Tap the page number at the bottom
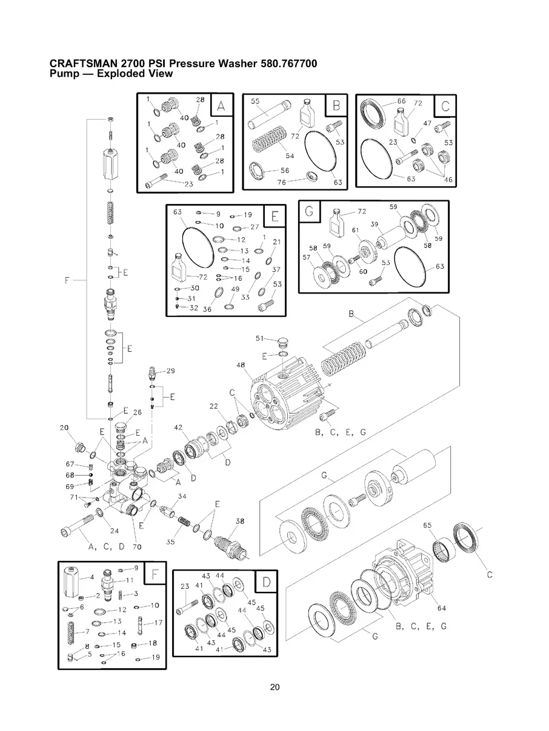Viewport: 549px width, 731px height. pos(274,687)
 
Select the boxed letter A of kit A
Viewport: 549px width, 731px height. pos(221,107)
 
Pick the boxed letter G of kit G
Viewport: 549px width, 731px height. pos(309,211)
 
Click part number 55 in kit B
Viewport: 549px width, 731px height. pos(255,101)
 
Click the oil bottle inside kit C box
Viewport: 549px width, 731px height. pos(401,126)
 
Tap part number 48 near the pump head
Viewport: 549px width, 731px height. pos(240,365)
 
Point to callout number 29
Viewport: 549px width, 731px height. pos(170,370)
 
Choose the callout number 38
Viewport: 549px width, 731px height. pos(240,521)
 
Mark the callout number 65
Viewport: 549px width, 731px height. pos(427,526)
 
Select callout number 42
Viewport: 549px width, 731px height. pos(178,427)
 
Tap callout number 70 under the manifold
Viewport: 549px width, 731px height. pos(138,546)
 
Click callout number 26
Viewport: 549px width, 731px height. pos(137,412)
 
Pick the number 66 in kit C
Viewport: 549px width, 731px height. pos(401,101)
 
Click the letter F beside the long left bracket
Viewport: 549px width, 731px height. pos(67,280)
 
